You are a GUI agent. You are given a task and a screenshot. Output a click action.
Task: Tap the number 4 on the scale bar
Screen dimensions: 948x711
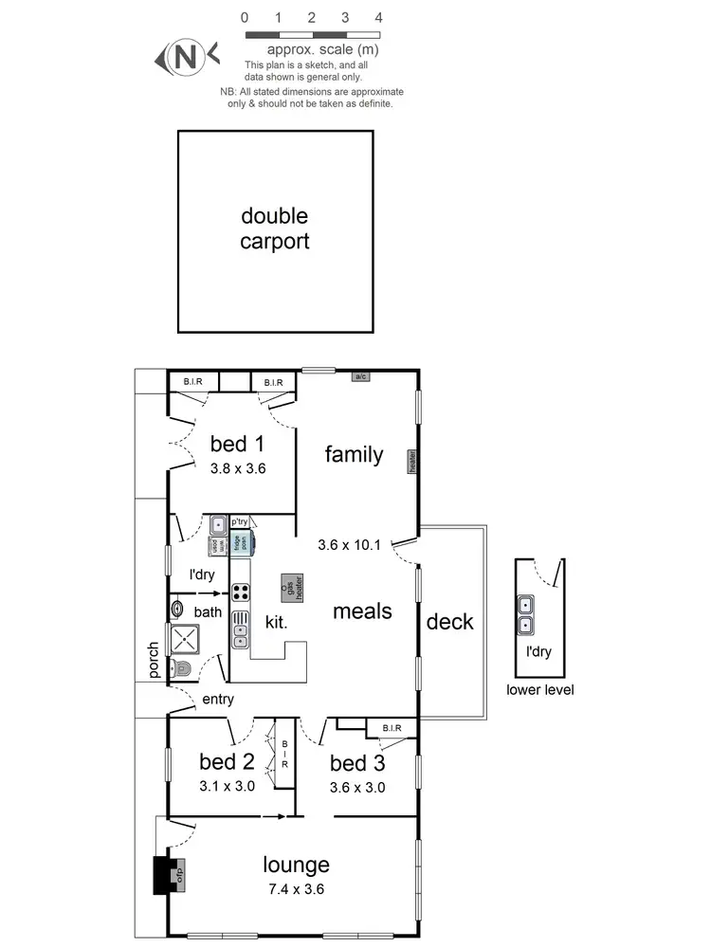pos(378,17)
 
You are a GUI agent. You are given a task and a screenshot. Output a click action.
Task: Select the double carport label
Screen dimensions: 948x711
pos(274,228)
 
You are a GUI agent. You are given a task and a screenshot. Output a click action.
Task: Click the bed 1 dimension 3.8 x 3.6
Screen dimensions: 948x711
pos(237,466)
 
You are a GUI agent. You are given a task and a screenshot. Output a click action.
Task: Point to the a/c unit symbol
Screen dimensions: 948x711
pos(360,376)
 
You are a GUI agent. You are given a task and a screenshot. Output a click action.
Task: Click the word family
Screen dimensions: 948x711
pos(354,454)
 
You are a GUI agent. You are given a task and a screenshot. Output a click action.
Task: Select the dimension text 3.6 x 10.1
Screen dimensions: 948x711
pos(349,544)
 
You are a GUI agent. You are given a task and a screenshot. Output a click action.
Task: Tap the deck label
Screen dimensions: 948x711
pos(449,622)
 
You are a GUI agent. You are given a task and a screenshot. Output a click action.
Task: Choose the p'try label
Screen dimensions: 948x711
pos(239,520)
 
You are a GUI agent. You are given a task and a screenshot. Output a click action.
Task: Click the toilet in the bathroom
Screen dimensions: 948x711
pos(182,670)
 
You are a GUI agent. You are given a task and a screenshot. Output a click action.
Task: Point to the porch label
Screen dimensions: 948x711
pos(154,661)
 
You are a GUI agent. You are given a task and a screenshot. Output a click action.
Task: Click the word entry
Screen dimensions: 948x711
pos(217,700)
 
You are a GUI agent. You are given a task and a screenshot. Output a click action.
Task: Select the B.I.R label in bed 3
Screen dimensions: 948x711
pos(392,728)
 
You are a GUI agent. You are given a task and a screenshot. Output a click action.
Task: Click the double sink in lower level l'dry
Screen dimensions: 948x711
pos(524,614)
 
